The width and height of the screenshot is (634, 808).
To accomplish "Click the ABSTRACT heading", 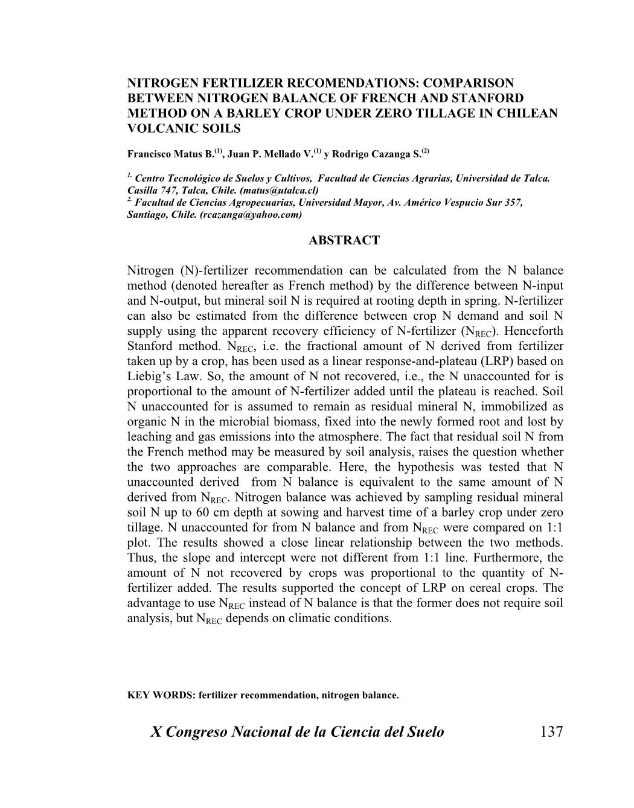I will pyautogui.click(x=344, y=240).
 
